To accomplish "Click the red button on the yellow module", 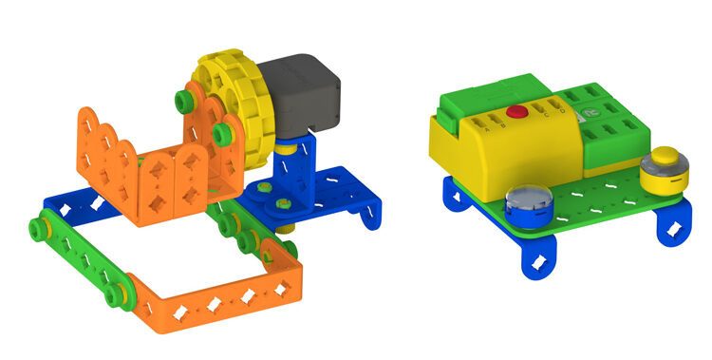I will (x=516, y=112).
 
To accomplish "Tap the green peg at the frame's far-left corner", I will (x=39, y=227).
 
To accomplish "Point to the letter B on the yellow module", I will (x=504, y=127).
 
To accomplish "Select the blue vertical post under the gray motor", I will (x=294, y=156).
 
